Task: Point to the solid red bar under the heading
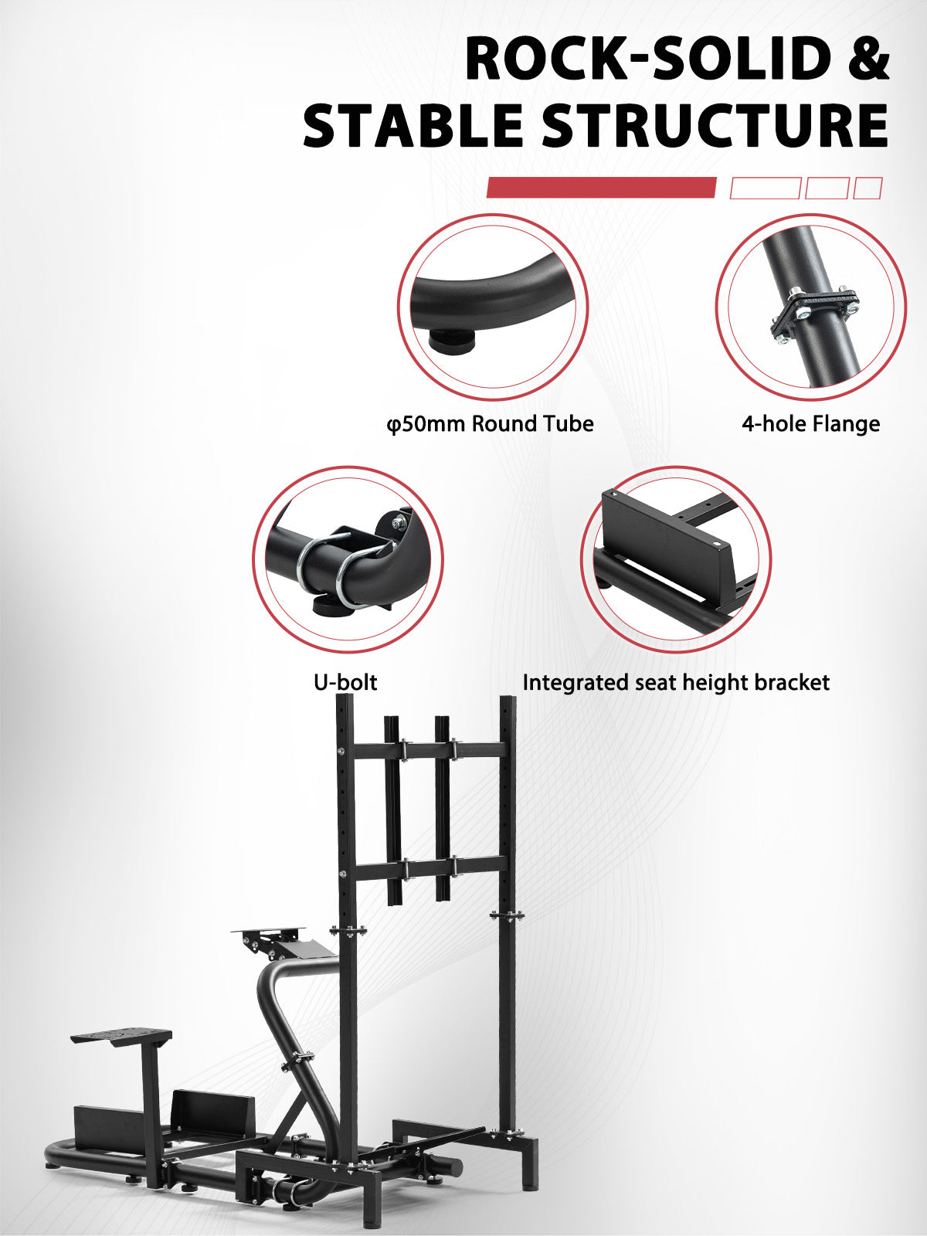(x=601, y=188)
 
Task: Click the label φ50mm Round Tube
(x=490, y=423)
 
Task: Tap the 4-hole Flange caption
(x=810, y=423)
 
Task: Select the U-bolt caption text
(x=345, y=682)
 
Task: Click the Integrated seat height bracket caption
(x=676, y=682)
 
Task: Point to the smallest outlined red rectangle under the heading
(x=868, y=188)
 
